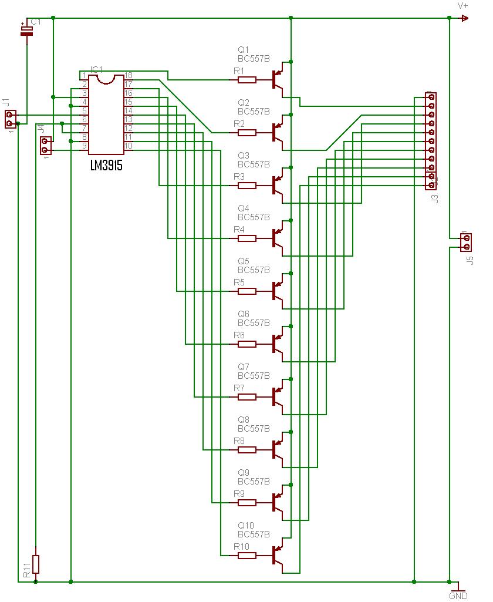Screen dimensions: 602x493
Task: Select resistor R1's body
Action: [x=246, y=80]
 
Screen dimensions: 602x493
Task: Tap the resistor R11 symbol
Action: [x=36, y=564]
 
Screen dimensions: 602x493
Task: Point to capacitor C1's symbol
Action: [x=26, y=31]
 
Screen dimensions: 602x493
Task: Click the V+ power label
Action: [x=463, y=5]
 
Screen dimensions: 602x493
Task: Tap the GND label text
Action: [x=458, y=596]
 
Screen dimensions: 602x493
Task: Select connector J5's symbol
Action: [x=466, y=242]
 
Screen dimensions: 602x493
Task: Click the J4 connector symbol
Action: [x=46, y=145]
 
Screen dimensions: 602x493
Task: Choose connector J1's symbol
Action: [x=9, y=119]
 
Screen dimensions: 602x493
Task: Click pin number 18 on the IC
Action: [x=129, y=76]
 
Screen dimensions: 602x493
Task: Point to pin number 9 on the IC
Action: [x=85, y=146]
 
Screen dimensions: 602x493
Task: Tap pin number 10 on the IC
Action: [x=129, y=146]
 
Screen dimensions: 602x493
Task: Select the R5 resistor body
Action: [x=246, y=291]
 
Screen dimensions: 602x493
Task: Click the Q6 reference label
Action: [x=244, y=314]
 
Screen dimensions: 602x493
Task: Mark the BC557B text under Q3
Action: [x=254, y=164]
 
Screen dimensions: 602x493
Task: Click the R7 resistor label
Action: [x=239, y=388]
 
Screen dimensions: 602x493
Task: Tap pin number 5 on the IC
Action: [x=85, y=110]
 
